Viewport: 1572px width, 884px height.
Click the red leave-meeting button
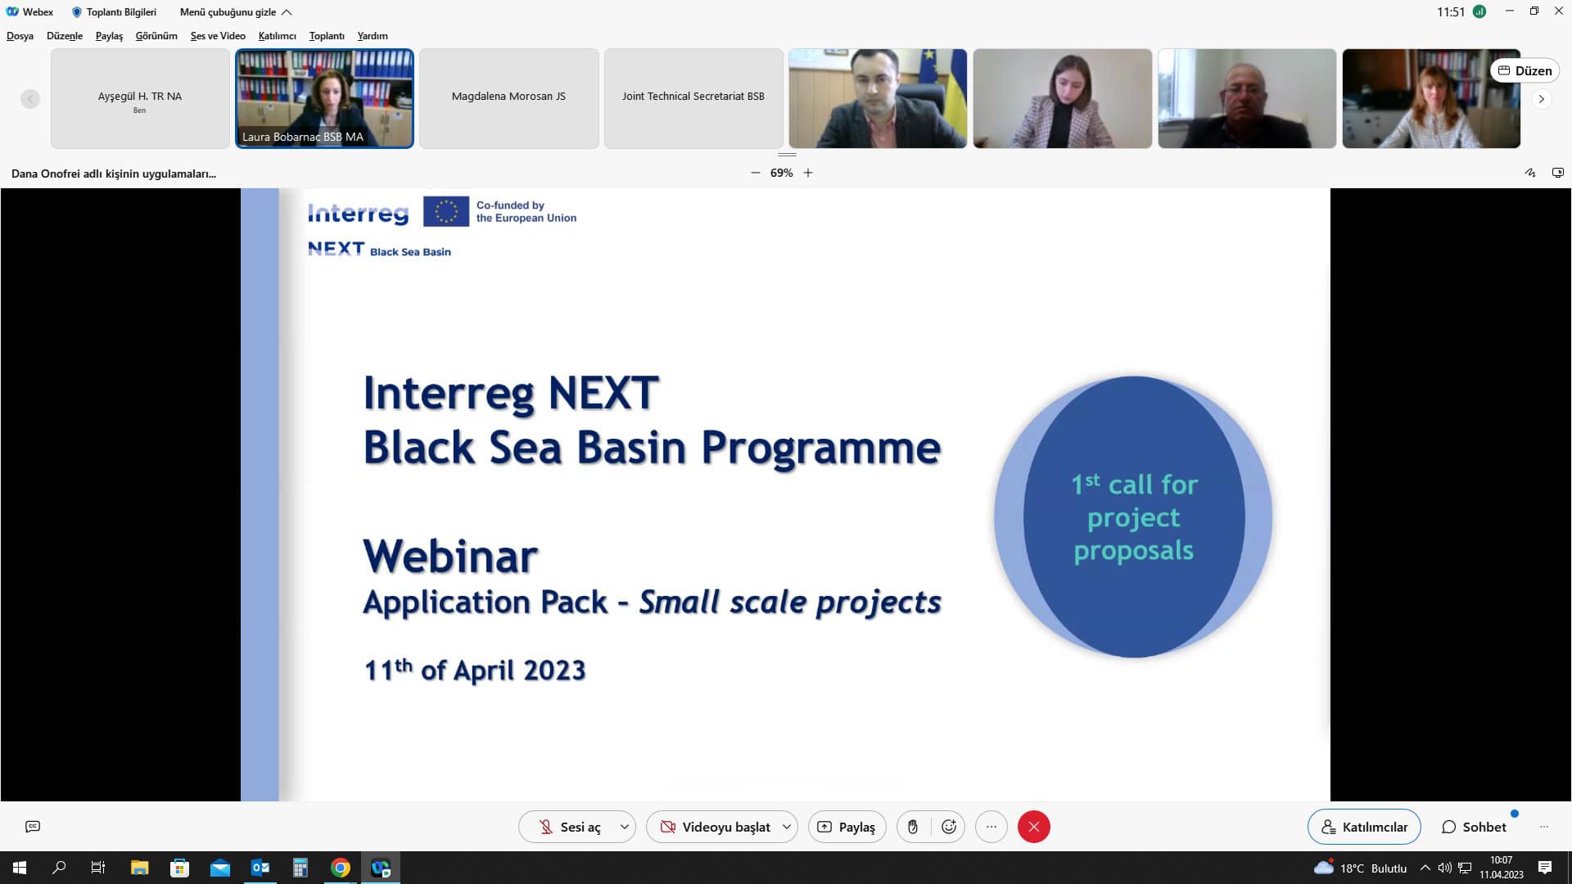(x=1033, y=827)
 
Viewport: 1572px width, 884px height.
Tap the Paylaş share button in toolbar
(x=847, y=827)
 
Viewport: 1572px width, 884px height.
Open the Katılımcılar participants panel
(x=1364, y=827)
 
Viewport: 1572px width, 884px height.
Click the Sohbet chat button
(x=1474, y=827)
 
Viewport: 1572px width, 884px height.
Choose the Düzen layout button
(x=1525, y=70)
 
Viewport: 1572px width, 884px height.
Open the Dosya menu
(x=20, y=36)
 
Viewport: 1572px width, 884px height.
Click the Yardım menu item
(x=373, y=36)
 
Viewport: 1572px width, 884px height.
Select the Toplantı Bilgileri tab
(x=114, y=12)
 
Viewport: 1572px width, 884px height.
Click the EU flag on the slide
(x=446, y=211)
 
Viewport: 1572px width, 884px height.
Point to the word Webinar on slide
(x=450, y=557)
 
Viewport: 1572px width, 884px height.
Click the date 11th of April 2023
(x=475, y=670)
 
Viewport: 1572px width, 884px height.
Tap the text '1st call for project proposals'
(x=1134, y=517)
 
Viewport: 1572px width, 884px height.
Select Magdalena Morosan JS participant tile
(x=508, y=98)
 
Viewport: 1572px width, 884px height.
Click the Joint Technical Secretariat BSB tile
(x=693, y=98)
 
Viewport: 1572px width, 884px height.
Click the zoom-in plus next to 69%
(x=808, y=173)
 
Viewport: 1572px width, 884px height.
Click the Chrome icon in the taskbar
(x=341, y=868)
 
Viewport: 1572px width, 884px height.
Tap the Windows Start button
(x=20, y=868)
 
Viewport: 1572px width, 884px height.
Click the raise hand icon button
(x=913, y=827)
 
